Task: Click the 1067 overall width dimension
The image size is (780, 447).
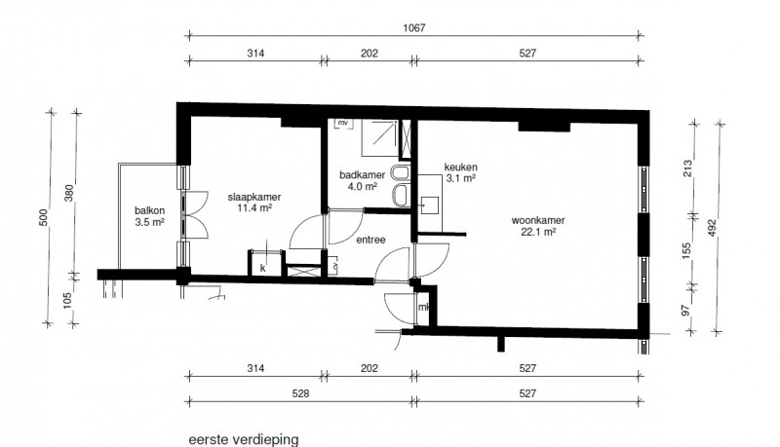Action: [413, 28]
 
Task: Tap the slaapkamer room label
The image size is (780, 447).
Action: [254, 197]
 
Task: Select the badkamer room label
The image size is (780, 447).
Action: [362, 175]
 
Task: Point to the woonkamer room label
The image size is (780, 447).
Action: [538, 220]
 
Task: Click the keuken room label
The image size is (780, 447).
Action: [460, 168]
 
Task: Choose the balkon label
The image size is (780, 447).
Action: [149, 210]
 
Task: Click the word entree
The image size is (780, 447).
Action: [370, 240]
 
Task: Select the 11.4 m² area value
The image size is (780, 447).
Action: [254, 207]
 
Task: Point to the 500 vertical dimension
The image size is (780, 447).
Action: [44, 217]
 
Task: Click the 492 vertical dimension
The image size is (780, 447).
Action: [712, 228]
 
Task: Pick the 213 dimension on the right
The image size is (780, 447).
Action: [687, 168]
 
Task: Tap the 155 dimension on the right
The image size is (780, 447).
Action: [687, 251]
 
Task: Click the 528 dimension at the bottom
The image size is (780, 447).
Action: [300, 393]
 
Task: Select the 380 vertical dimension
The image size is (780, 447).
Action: [69, 193]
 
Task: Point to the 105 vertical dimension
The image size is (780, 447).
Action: [67, 301]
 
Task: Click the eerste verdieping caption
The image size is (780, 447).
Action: [244, 440]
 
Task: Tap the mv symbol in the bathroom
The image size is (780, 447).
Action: [343, 122]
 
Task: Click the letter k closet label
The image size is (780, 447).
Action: [263, 269]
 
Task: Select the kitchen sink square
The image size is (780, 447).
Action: [430, 205]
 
